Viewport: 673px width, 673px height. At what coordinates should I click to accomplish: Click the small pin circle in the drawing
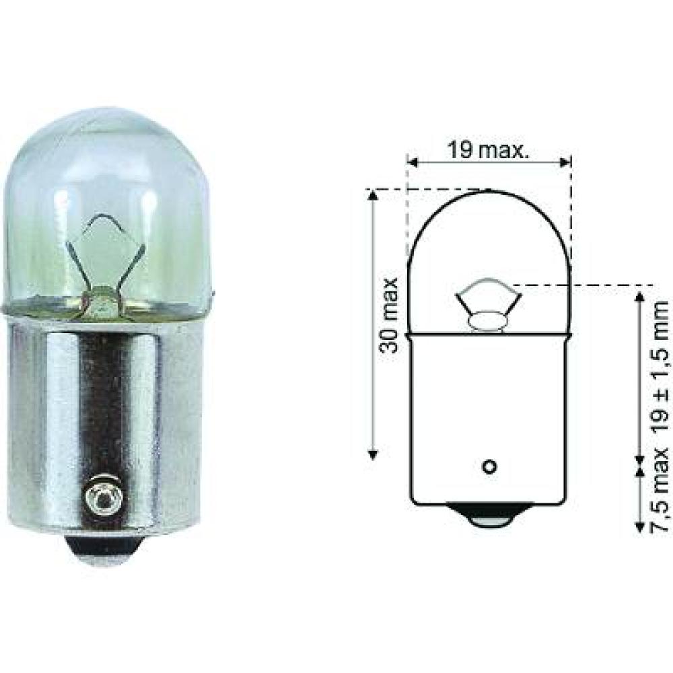(489, 466)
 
